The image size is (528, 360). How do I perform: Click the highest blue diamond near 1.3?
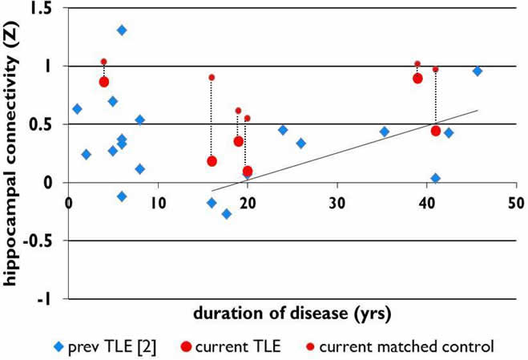pyautogui.click(x=122, y=30)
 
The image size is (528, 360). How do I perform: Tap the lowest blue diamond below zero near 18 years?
pyautogui.click(x=227, y=214)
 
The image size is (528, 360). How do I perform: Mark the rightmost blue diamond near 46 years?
pyautogui.click(x=478, y=71)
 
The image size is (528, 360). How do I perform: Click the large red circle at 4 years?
pyautogui.click(x=104, y=82)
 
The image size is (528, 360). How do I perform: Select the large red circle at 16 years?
pyautogui.click(x=212, y=161)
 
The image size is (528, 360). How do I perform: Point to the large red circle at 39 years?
pyautogui.click(x=417, y=78)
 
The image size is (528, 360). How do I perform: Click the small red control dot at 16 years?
pyautogui.click(x=212, y=77)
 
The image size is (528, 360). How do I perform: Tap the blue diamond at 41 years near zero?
pyautogui.click(x=435, y=178)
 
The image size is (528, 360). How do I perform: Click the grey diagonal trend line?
pyautogui.click(x=361, y=144)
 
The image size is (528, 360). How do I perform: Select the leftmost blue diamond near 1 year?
pyautogui.click(x=77, y=109)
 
